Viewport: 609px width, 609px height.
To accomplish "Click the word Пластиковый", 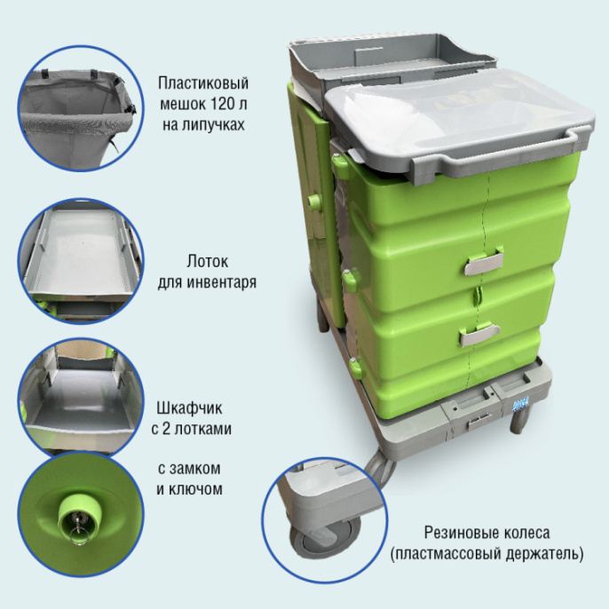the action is point(203,83).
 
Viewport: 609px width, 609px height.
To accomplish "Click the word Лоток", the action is point(207,261).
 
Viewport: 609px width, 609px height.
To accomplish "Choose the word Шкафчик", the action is point(190,408).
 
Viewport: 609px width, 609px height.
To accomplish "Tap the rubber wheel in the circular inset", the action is point(325,539).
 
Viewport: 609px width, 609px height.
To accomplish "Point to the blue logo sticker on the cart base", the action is point(521,404).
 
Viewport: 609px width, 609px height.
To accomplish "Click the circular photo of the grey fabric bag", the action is point(81,108).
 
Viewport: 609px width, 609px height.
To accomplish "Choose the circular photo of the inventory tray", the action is point(81,261).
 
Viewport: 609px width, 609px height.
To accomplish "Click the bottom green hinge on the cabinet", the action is point(356,367).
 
